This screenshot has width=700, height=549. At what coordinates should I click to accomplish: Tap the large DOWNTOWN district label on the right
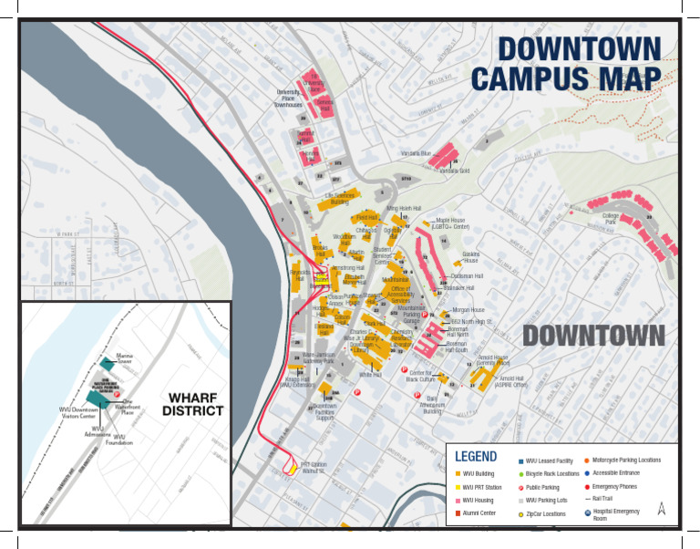(x=593, y=336)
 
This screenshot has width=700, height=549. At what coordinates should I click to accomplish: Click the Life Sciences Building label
(x=339, y=198)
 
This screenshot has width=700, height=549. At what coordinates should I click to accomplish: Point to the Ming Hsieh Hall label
(x=404, y=209)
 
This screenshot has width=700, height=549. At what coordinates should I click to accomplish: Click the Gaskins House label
(x=471, y=257)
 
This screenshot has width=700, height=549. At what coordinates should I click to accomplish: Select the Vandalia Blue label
(x=415, y=153)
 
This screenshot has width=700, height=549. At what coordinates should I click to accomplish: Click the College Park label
(x=611, y=219)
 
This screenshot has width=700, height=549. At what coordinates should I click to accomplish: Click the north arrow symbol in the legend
(x=662, y=509)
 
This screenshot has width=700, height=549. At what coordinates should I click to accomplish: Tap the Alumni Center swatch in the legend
(x=457, y=514)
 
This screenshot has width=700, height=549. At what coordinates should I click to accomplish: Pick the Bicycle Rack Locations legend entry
(x=552, y=474)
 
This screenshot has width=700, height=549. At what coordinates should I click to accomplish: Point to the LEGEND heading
(x=476, y=457)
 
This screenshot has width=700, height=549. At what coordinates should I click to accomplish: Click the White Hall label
(x=370, y=375)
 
